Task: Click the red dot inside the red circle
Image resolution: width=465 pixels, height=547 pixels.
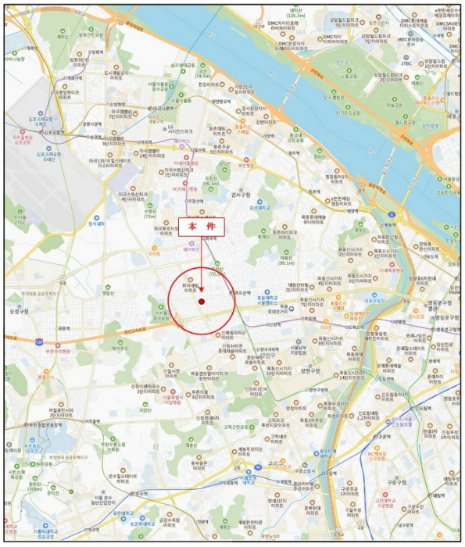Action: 201,302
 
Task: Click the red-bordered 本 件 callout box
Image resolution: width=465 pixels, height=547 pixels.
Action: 201,227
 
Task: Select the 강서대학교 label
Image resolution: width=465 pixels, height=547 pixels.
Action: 271,209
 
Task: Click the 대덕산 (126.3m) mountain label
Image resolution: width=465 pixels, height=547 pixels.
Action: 295,12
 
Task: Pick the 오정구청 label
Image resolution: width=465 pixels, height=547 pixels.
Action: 16,310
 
